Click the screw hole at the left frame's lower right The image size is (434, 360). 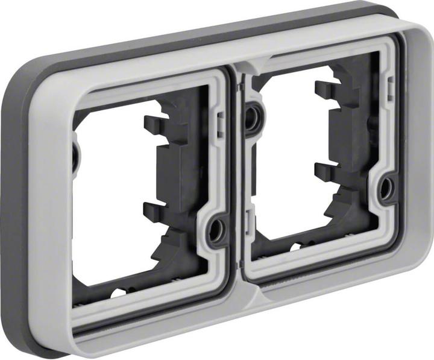[215, 230]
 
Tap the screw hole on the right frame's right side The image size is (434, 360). [385, 189]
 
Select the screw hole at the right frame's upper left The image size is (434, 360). [253, 117]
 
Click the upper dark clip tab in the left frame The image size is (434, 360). [156, 125]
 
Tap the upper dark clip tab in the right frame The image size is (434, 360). [325, 90]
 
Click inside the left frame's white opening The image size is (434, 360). [108, 199]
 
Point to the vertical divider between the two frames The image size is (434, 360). [238, 181]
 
